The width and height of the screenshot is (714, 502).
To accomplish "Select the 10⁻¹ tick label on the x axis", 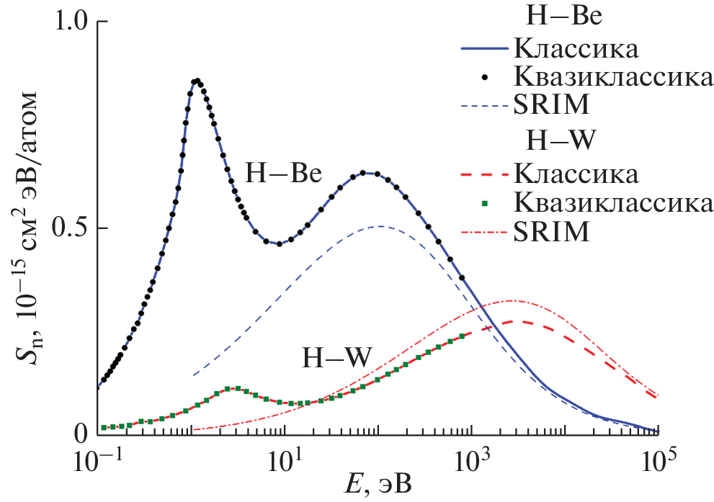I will tap(97, 461).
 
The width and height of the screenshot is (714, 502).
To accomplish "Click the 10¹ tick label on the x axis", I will tap(283, 461).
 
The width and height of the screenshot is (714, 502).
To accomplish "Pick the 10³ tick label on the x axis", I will tap(470, 461).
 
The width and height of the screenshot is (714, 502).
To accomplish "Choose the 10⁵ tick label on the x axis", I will tap(657, 461).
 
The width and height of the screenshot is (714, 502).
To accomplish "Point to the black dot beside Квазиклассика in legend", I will tap(484, 76).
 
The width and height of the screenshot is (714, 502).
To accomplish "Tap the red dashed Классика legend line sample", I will tap(483, 174).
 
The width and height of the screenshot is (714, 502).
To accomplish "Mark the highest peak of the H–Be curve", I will tap(195, 81).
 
